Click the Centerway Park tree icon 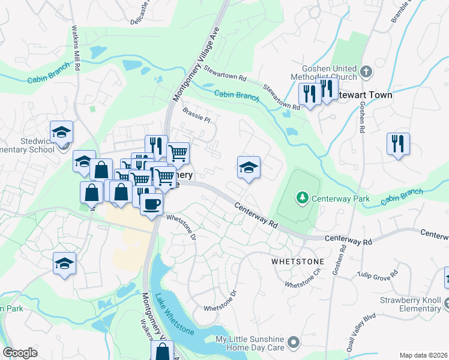(x=303, y=197)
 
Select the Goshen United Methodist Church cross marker (x=367, y=73)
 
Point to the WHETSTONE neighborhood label (x=298, y=262)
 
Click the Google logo (x=20, y=353)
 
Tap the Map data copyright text (x=424, y=355)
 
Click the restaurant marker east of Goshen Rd (x=398, y=144)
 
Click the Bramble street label (x=401, y=12)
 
